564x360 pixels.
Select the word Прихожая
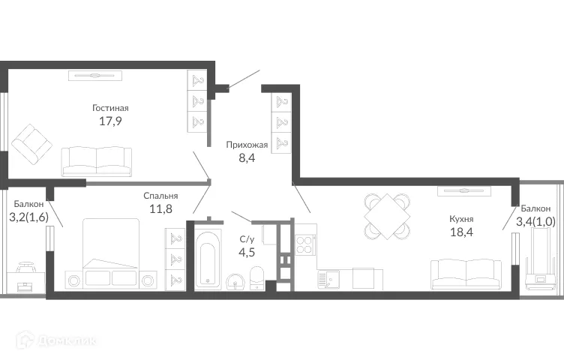(247, 145)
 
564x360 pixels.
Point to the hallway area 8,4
(247, 158)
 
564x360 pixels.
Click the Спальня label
(160, 196)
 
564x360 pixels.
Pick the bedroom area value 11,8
(160, 209)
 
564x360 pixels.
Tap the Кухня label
(461, 219)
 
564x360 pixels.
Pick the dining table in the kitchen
(387, 215)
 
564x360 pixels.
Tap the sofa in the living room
(96, 160)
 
